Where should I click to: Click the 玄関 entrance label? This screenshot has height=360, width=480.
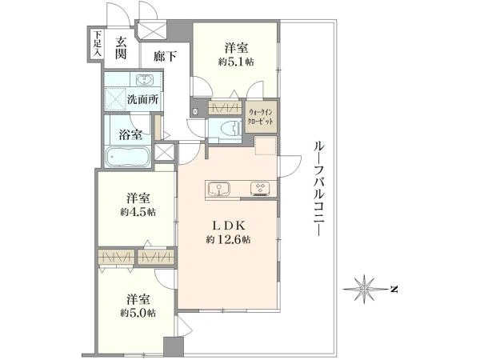click(121, 48)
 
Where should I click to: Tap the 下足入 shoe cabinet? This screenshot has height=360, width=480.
click(97, 44)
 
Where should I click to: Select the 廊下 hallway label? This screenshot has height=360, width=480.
click(165, 56)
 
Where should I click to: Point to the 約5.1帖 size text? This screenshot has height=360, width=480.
click(236, 62)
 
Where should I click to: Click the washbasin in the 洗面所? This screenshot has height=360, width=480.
click(143, 80)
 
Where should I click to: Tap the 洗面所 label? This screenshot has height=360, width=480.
click(142, 99)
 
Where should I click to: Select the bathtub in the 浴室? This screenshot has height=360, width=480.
click(127, 157)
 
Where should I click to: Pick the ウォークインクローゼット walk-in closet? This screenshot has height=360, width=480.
click(261, 116)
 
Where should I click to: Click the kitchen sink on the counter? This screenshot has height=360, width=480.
click(218, 188)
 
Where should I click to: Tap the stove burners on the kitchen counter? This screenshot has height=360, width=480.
click(260, 189)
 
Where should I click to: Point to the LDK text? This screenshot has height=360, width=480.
click(229, 226)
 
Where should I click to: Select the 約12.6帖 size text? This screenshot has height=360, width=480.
click(228, 240)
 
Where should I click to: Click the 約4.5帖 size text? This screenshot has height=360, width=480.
click(138, 212)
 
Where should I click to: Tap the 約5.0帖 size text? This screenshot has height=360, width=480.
click(138, 313)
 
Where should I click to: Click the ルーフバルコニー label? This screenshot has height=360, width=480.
click(318, 188)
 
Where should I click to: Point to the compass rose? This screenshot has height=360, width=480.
click(364, 289)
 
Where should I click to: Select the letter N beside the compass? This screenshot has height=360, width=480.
click(394, 289)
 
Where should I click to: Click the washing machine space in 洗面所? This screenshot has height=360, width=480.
click(115, 99)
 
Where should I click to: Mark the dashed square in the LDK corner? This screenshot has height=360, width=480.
click(266, 146)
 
